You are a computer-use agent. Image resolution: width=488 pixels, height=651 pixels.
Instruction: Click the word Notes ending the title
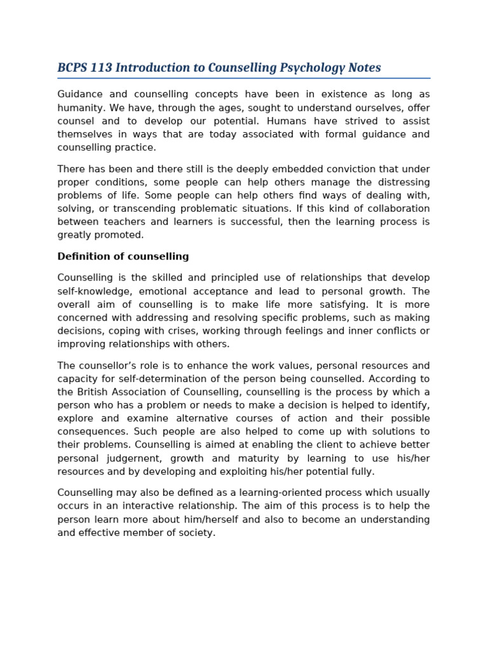(363, 68)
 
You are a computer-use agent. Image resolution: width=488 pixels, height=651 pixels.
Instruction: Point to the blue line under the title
(243, 78)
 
